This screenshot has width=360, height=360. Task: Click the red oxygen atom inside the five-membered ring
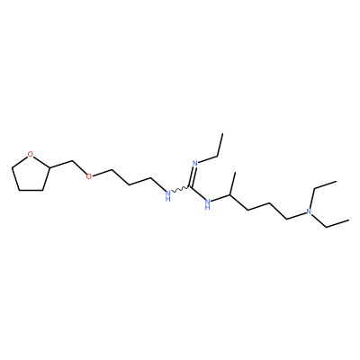[x=30, y=155]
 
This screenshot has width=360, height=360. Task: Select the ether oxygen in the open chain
[x=88, y=175]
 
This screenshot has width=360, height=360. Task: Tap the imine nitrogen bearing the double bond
[x=194, y=164]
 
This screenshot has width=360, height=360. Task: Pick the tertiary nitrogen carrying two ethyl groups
[x=308, y=211]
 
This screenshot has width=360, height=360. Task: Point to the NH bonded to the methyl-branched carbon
[x=207, y=203]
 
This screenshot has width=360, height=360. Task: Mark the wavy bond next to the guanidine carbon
[x=180, y=189]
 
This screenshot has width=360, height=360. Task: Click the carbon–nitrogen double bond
[x=192, y=176]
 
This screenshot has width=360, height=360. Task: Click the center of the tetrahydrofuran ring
[x=30, y=174]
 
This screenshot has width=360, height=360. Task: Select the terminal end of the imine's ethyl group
[x=223, y=133]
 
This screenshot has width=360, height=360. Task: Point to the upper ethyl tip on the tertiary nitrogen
[x=336, y=181]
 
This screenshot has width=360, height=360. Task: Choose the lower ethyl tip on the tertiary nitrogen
[x=348, y=220]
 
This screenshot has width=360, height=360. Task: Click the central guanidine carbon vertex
[x=190, y=187]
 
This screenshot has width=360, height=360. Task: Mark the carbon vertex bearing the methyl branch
[x=230, y=195]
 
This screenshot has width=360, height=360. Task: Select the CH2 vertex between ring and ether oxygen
[x=72, y=161]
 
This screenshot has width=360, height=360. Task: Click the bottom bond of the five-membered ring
[x=31, y=190]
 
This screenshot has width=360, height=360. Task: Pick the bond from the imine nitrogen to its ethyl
[x=207, y=159]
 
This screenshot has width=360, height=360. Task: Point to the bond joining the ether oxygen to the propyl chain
[x=102, y=173]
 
